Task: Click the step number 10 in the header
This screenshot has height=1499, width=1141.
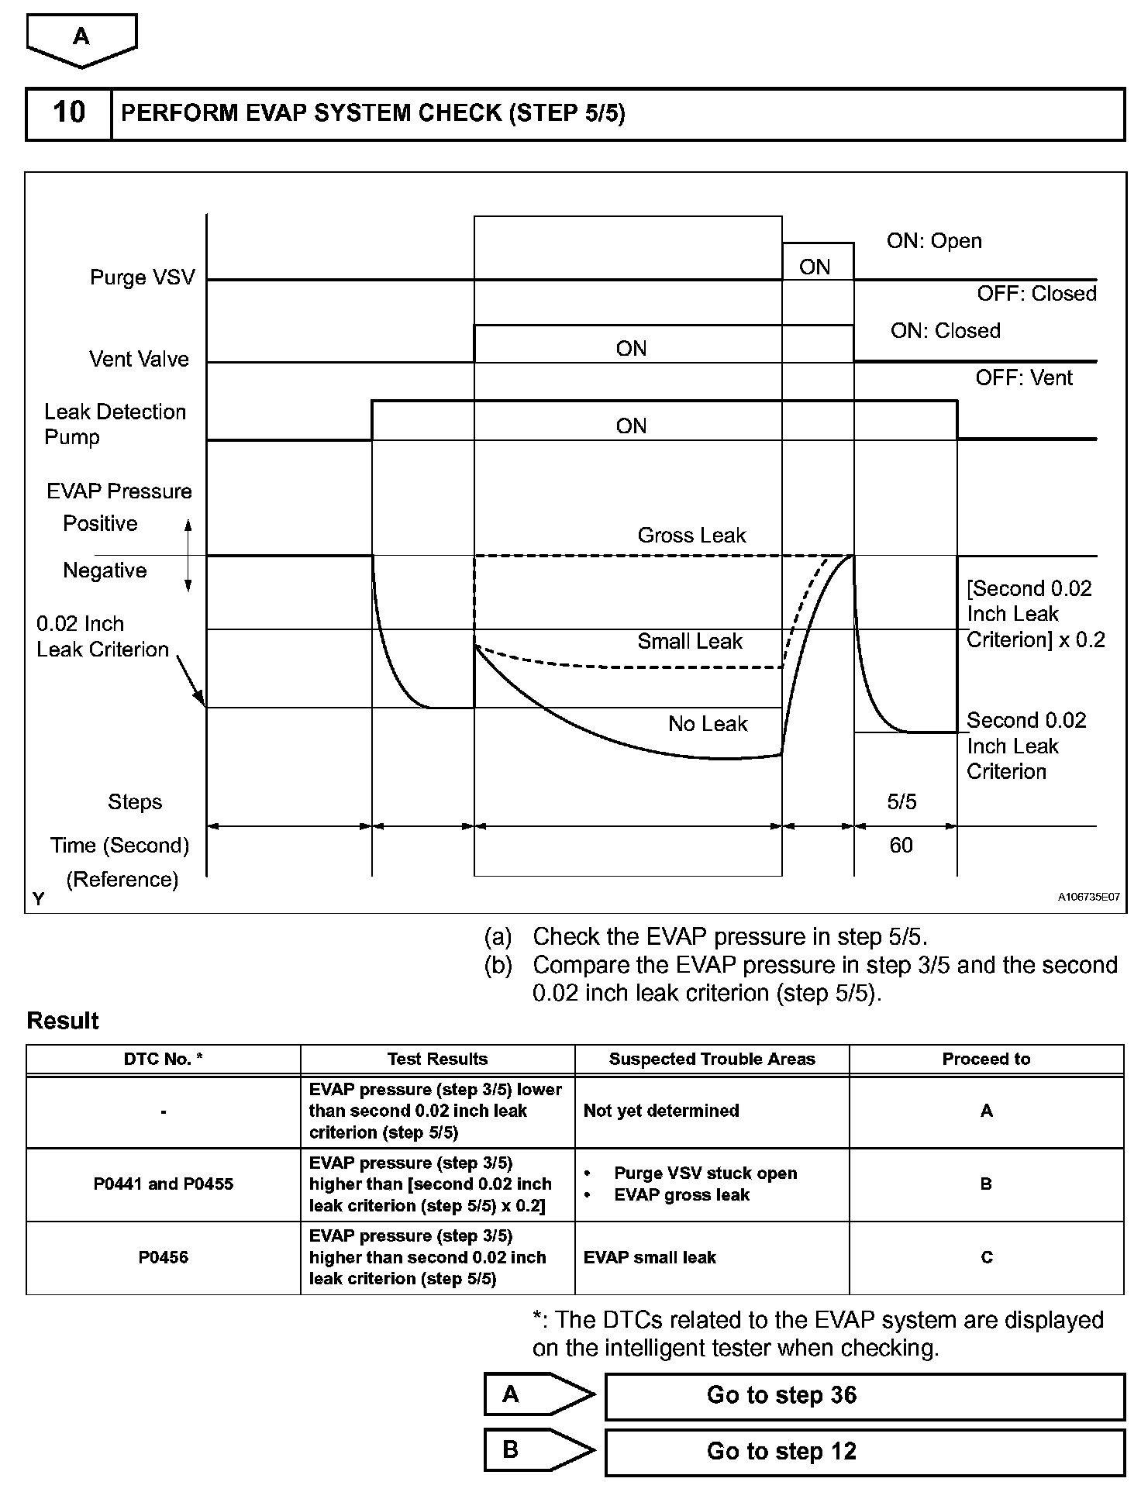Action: (68, 113)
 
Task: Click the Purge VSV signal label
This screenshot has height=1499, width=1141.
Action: (143, 277)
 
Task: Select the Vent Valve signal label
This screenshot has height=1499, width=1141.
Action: (139, 359)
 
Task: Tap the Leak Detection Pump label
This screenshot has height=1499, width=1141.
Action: (115, 424)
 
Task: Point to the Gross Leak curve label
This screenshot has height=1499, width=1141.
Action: (691, 536)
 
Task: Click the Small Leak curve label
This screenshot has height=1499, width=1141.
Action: (690, 642)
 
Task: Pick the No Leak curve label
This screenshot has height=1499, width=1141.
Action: (708, 724)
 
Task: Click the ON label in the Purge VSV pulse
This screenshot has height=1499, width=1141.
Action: (815, 267)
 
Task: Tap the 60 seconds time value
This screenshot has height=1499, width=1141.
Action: (901, 846)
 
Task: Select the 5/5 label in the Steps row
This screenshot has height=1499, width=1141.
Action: (901, 802)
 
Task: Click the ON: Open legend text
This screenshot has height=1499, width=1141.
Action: (934, 241)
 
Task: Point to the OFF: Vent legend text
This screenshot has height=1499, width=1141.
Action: (1024, 378)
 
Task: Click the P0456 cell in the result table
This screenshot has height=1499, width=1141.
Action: (164, 1257)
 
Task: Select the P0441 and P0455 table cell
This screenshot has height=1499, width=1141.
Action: (164, 1184)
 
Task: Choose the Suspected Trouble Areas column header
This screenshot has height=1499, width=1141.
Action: (712, 1060)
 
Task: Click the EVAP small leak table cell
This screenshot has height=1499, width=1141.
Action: (650, 1257)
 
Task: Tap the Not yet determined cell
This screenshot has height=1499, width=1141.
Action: (661, 1111)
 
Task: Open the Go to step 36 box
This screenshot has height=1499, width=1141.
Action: (864, 1395)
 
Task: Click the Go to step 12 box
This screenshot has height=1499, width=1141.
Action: (864, 1451)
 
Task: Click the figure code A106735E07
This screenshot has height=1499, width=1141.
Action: (1088, 897)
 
